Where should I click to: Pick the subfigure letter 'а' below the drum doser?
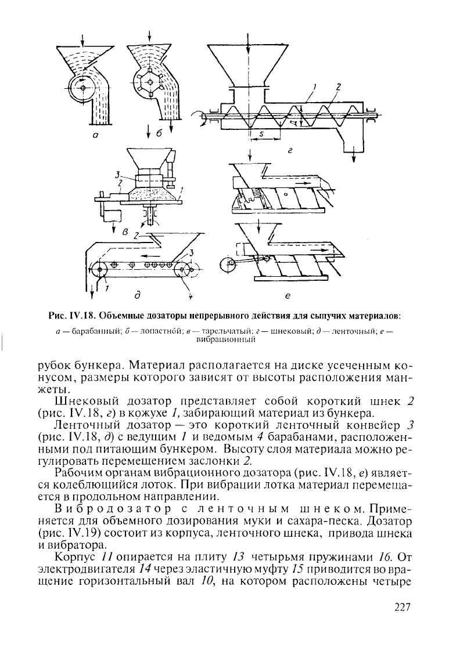pyautogui.click(x=94, y=133)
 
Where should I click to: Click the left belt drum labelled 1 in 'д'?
pyautogui.click(x=100, y=269)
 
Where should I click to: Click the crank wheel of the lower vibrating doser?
pyautogui.click(x=228, y=265)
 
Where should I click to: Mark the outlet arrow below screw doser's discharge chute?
pyautogui.click(x=353, y=157)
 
